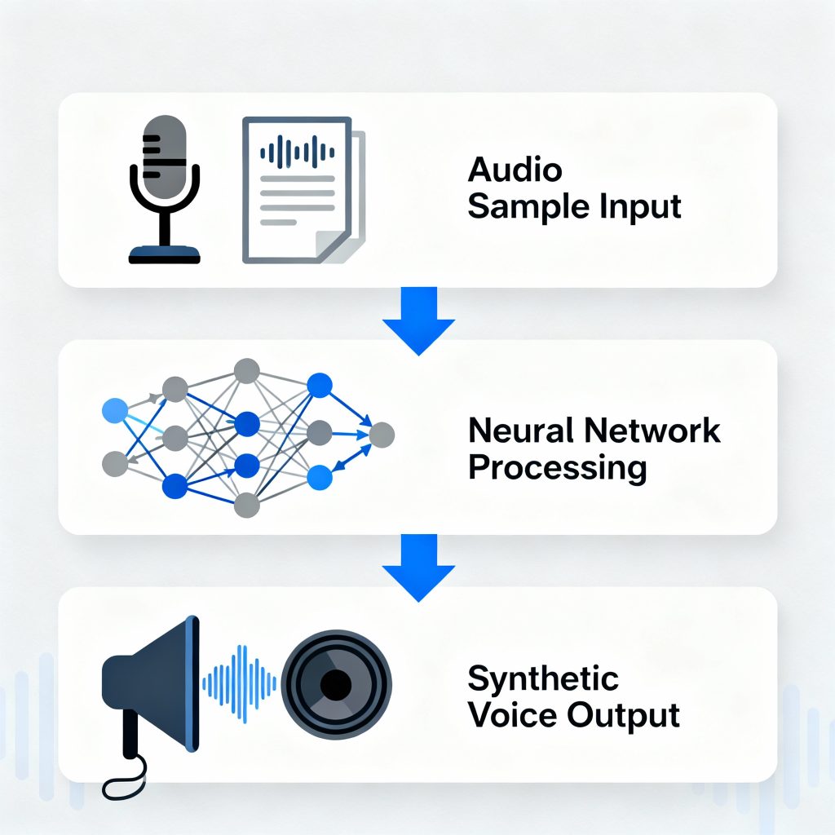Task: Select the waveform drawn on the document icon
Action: click(x=298, y=150)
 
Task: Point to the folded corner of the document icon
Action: click(x=334, y=245)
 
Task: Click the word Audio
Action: click(x=515, y=170)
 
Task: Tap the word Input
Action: click(x=641, y=206)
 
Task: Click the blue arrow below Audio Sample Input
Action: click(x=417, y=321)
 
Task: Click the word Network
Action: click(x=656, y=430)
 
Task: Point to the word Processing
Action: click(x=558, y=468)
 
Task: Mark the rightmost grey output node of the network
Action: click(x=381, y=436)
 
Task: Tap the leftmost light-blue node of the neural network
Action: click(x=115, y=411)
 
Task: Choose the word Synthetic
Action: click(x=543, y=678)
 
